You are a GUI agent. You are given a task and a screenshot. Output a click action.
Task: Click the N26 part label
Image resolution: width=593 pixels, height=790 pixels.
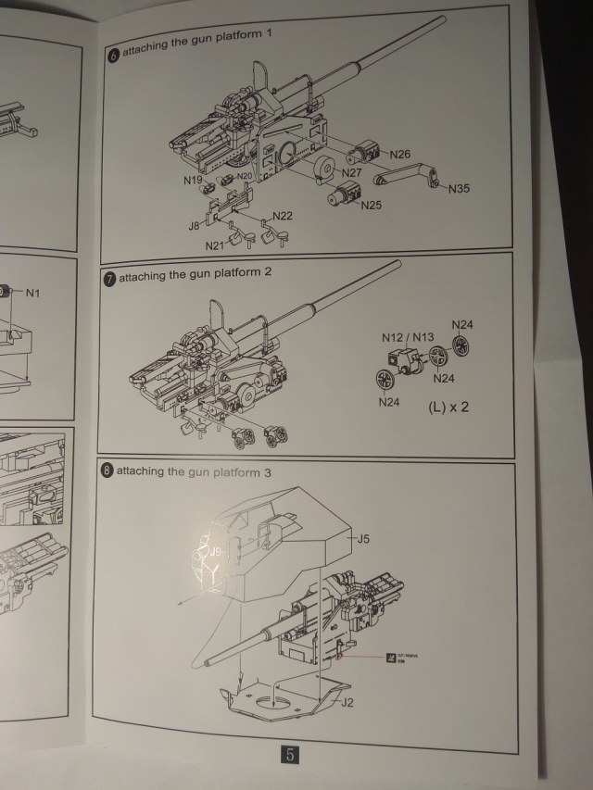(400, 154)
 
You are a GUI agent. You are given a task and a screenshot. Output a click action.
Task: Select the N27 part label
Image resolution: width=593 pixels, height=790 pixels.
(352, 173)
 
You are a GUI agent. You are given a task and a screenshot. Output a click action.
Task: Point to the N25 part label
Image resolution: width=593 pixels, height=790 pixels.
(371, 204)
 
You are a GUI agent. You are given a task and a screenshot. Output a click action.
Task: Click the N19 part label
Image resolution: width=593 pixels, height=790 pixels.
(193, 181)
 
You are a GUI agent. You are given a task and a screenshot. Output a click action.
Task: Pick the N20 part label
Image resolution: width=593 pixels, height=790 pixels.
(245, 176)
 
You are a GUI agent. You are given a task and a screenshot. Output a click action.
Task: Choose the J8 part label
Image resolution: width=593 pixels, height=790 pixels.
(195, 225)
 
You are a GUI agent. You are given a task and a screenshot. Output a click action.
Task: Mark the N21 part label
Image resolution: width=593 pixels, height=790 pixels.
(215, 245)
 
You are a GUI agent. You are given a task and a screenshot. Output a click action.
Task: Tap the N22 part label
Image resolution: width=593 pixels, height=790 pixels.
(283, 216)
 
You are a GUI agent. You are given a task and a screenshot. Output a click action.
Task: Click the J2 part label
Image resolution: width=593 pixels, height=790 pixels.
(347, 703)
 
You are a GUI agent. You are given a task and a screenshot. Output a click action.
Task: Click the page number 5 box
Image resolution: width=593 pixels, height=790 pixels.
(290, 755)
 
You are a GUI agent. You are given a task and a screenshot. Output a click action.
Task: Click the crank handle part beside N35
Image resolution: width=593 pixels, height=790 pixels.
(408, 175)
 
